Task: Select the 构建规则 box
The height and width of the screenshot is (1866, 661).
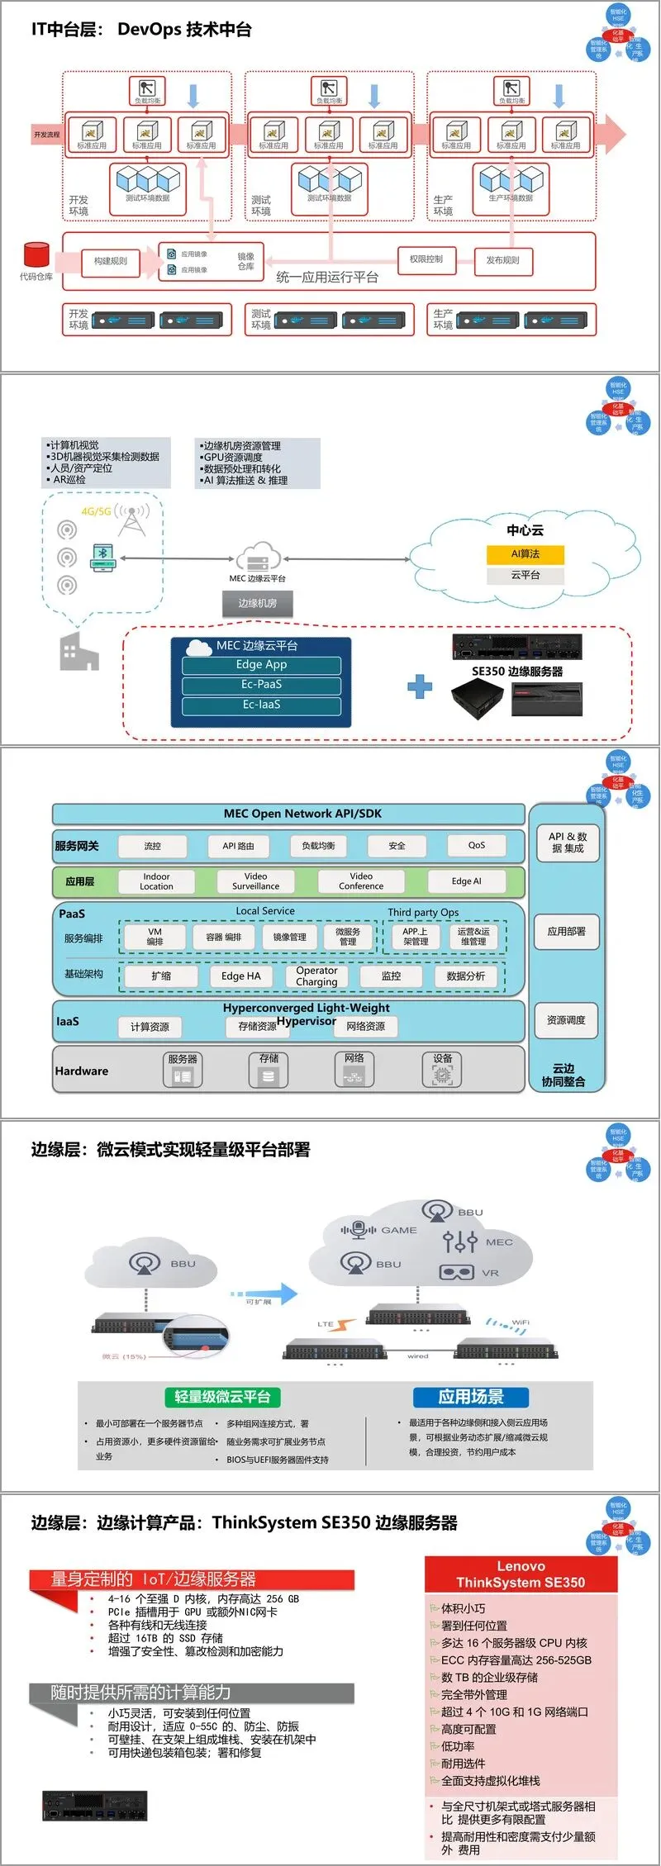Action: point(111,262)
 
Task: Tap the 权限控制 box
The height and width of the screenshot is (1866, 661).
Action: point(426,259)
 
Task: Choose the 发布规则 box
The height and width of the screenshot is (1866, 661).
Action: point(502,260)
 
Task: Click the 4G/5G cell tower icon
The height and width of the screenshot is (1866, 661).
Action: point(132,519)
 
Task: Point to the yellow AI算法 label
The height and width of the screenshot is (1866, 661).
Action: point(525,554)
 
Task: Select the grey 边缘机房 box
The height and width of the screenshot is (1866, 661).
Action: point(258,604)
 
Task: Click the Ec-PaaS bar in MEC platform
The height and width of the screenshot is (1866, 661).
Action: point(261,685)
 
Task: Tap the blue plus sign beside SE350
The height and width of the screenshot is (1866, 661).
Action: point(420,686)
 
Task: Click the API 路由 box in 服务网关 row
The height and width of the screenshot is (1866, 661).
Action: point(238,846)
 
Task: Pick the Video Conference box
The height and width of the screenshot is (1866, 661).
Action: point(361,881)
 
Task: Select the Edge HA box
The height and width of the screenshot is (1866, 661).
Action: point(240,976)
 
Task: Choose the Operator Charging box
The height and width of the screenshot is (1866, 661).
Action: point(316,976)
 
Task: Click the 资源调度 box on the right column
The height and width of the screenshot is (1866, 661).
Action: point(566,1021)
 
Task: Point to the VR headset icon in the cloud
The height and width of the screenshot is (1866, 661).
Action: point(456,1273)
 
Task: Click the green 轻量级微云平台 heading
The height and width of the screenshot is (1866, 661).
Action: point(222,1397)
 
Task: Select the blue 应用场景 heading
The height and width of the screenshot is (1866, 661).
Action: point(470,1397)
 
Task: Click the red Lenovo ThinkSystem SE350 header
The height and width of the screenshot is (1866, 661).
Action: point(521,1574)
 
